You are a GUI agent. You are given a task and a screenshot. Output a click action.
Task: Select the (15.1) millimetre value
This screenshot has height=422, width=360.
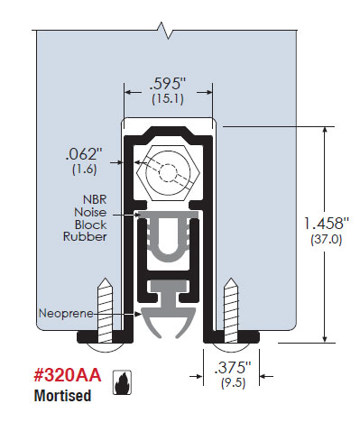point(168,99)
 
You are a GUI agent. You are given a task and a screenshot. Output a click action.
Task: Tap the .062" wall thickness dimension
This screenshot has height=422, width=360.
point(82,155)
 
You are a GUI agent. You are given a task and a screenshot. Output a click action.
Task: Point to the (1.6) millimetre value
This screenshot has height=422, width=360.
point(85,170)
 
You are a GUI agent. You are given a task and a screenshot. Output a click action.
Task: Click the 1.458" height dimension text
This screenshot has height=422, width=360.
point(327,224)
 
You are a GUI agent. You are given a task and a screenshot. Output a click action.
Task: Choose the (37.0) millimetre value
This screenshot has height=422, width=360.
point(327,240)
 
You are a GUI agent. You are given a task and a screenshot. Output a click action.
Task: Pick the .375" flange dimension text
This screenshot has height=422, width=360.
point(233,368)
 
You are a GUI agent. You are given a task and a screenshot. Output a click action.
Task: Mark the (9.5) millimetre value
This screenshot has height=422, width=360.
point(234,383)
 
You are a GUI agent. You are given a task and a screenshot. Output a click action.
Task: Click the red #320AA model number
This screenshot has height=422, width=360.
point(68,375)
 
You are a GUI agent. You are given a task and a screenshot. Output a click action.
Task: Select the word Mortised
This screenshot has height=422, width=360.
point(62,396)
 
